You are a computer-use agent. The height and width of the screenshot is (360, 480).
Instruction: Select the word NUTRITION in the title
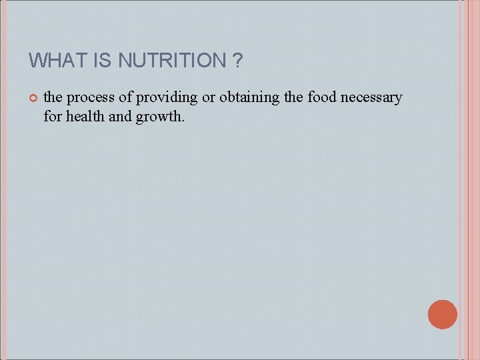point(172,61)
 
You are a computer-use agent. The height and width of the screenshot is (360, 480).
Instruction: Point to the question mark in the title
point(238,61)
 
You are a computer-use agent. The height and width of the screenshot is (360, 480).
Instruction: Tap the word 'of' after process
point(126,97)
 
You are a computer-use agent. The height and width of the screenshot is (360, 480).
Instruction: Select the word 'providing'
point(167,98)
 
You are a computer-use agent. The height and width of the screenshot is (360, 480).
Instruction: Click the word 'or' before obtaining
point(209,97)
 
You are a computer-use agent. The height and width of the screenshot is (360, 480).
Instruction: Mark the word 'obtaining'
point(249,98)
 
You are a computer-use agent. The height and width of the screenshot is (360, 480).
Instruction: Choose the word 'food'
point(322,97)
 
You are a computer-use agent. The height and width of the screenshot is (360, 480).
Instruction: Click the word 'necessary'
point(371,98)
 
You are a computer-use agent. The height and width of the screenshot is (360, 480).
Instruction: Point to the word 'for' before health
point(51,117)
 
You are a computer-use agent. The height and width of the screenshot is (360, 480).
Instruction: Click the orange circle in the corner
point(443,314)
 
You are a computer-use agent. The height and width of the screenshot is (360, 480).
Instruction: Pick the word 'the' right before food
point(293,97)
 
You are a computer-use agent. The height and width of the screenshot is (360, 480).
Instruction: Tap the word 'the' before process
point(53,97)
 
